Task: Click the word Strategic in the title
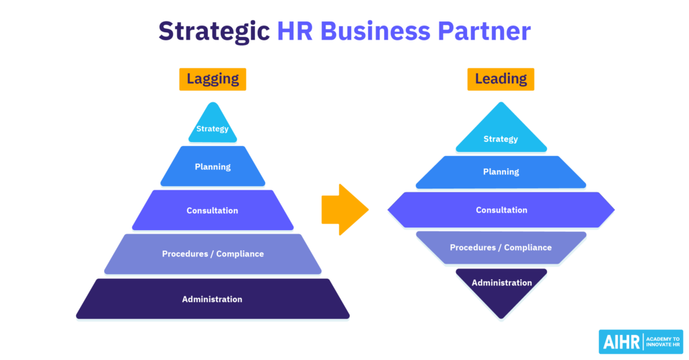click(214, 32)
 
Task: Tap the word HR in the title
click(295, 31)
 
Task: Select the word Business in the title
click(375, 31)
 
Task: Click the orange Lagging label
click(213, 79)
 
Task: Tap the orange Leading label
click(501, 79)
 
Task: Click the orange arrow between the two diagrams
click(345, 210)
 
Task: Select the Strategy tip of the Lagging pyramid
click(213, 124)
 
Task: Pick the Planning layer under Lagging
click(213, 166)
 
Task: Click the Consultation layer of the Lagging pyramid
click(213, 210)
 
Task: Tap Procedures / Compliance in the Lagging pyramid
click(213, 254)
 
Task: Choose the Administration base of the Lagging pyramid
click(213, 299)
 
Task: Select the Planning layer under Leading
click(501, 172)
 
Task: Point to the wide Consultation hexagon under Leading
click(501, 210)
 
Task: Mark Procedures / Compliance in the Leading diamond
click(501, 248)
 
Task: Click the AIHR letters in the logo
click(621, 342)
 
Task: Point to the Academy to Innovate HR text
click(663, 342)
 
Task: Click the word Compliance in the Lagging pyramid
click(240, 254)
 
